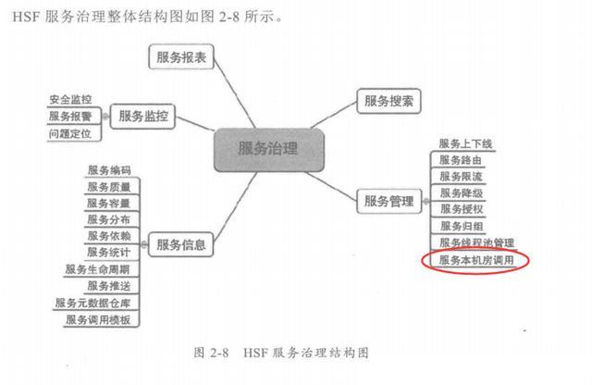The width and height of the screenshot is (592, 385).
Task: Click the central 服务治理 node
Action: coord(268,148)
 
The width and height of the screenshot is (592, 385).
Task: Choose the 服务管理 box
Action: coord(387,200)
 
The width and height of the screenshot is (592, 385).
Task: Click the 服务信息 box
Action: coord(180,244)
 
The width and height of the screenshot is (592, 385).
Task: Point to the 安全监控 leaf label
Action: coord(70,99)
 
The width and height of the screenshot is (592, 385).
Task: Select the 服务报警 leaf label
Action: coord(70,117)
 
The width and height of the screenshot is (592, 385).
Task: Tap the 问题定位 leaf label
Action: coord(70,134)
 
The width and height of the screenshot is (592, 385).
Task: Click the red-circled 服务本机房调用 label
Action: coord(475,261)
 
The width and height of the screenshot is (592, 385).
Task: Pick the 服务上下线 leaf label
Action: coord(465,143)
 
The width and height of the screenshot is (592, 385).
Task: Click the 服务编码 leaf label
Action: coord(108,170)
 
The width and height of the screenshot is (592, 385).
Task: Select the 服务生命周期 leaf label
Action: coord(98,269)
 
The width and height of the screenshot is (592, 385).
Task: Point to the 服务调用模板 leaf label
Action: coord(98,319)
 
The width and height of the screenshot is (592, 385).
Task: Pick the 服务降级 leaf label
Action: coord(460,192)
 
